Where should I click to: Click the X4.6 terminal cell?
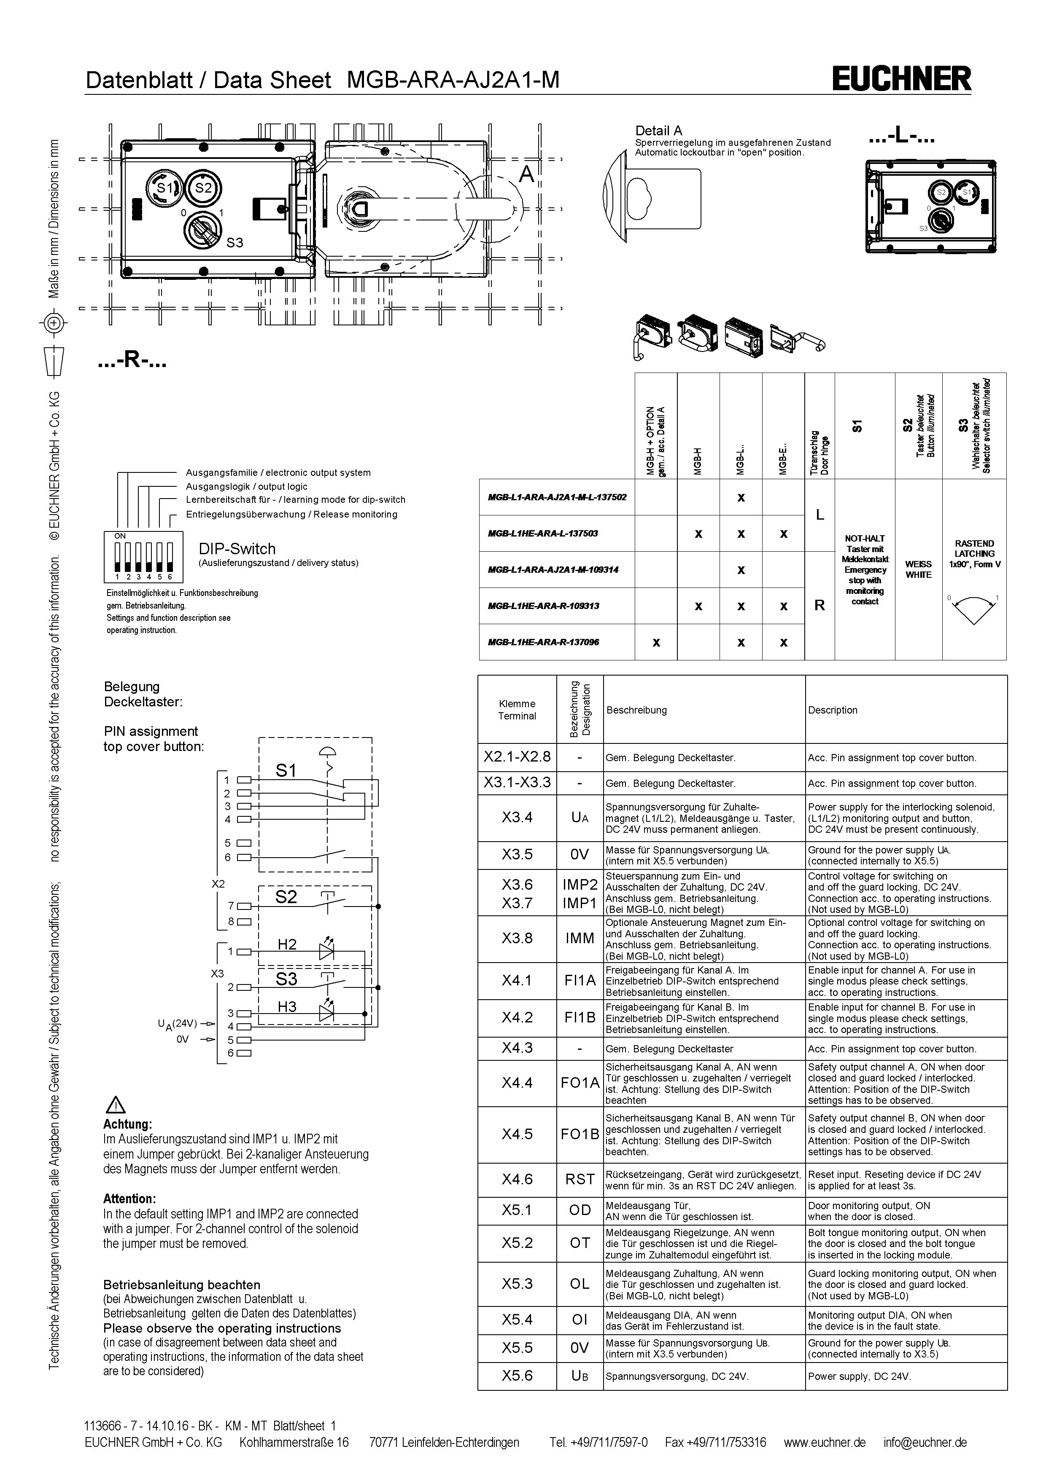(517, 1179)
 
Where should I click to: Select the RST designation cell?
(580, 1179)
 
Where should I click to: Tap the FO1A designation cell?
(580, 1083)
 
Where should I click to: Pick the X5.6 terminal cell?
(517, 1375)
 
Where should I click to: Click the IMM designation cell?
(580, 939)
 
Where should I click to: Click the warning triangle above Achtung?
(115, 1106)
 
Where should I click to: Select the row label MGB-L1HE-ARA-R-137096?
(544, 642)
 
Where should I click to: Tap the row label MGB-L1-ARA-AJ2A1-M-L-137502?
(557, 497)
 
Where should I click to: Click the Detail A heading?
(658, 131)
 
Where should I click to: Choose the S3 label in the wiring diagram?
(287, 979)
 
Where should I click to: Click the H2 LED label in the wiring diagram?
(287, 944)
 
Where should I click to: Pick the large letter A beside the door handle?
(527, 174)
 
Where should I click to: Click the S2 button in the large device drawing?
(204, 188)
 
